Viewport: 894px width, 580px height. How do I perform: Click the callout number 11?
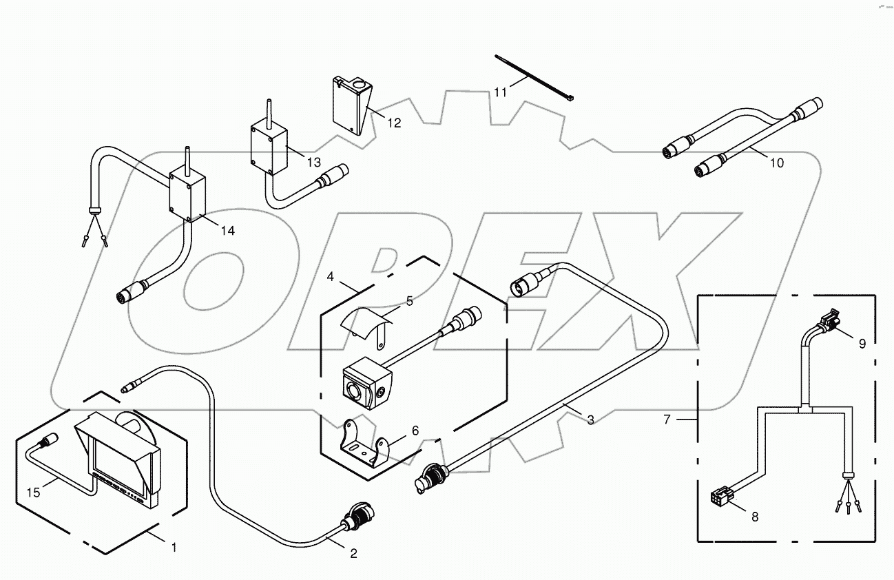pyautogui.click(x=501, y=91)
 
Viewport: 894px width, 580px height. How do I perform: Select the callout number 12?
pyautogui.click(x=393, y=123)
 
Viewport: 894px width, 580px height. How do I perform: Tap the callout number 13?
pyautogui.click(x=313, y=162)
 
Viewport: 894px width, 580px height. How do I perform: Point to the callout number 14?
pyautogui.click(x=227, y=231)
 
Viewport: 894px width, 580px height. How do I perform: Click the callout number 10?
pyautogui.click(x=776, y=163)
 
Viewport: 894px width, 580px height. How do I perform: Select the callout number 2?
pyautogui.click(x=353, y=552)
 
